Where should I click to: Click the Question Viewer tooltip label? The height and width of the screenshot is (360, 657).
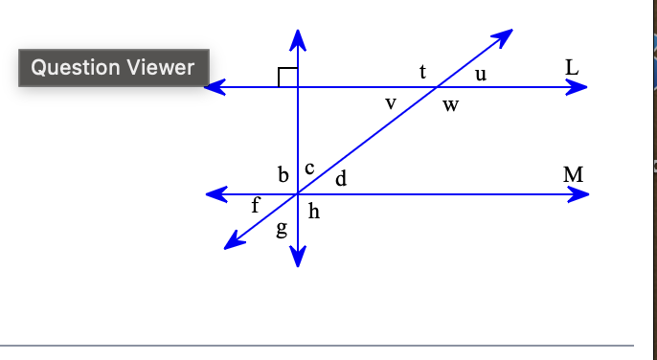click(113, 67)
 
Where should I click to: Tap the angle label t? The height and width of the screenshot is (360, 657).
click(422, 71)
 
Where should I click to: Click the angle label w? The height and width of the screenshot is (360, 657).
click(450, 105)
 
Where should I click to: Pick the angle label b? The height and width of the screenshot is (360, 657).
click(283, 175)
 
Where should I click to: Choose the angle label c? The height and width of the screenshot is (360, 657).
click(309, 169)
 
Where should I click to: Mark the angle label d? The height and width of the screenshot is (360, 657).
click(340, 178)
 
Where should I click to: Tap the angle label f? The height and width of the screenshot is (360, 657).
click(255, 204)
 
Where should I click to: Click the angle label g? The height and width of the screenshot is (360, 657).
click(282, 230)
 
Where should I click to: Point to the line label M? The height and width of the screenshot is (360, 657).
click(574, 175)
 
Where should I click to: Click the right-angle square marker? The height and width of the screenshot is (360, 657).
click(287, 78)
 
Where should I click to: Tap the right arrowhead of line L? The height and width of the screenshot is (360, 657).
click(578, 87)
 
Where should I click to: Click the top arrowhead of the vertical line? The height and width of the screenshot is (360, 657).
click(298, 37)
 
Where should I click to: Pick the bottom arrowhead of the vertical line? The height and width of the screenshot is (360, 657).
click(298, 259)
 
